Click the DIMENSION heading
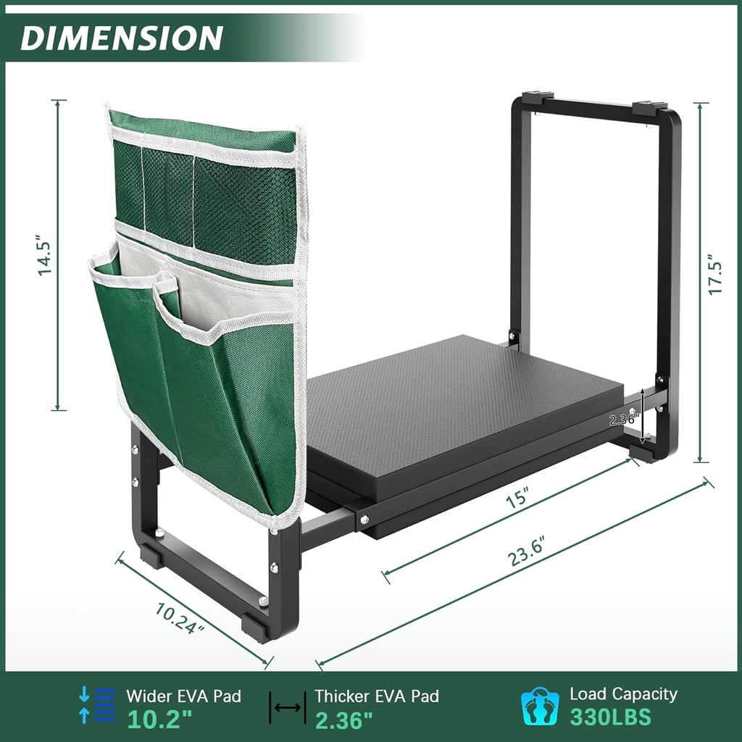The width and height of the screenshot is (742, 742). (121, 38)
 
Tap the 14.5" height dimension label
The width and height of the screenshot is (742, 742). (45, 255)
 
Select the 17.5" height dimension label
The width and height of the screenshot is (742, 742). (716, 274)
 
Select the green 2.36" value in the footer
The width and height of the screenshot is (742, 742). (343, 719)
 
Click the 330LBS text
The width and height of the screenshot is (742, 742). (610, 717)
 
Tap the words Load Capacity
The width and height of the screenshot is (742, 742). (623, 694)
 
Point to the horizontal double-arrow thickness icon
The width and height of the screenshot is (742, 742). (288, 708)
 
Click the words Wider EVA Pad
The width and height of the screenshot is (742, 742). (183, 696)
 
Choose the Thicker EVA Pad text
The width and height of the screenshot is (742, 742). (376, 696)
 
